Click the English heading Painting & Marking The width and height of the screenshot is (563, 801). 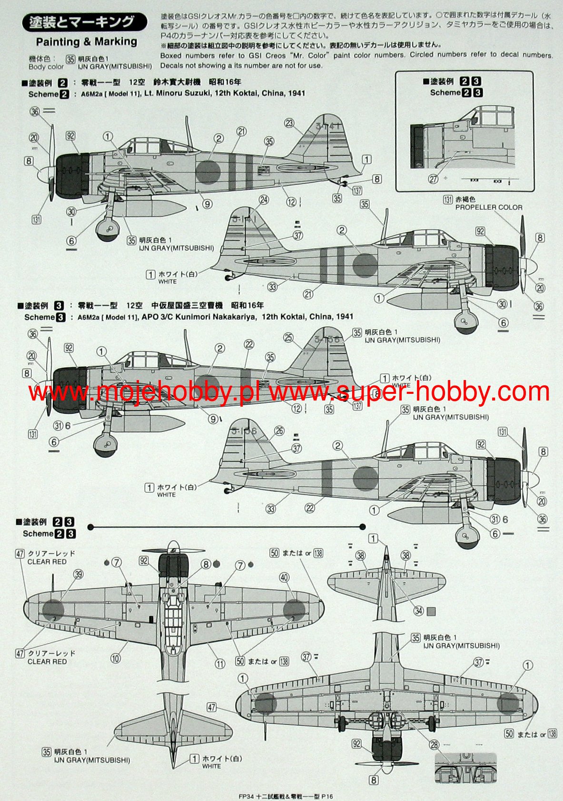(87, 42)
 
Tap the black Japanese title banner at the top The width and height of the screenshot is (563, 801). (84, 22)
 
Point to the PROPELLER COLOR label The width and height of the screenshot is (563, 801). (489, 207)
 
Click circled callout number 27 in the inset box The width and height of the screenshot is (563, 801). (433, 179)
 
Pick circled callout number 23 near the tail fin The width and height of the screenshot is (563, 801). (290, 123)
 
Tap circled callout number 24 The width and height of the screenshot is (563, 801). (264, 200)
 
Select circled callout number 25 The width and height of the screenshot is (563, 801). (288, 338)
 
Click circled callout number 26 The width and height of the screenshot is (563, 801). (279, 431)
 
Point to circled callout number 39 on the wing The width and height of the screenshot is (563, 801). (79, 575)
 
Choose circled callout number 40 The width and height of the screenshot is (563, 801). (284, 577)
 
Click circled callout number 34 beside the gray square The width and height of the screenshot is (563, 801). (418, 611)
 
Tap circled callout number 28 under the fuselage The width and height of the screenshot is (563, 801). (434, 744)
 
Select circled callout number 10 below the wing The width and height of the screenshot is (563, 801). (116, 658)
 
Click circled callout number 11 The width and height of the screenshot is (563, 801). (219, 664)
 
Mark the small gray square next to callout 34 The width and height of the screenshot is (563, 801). (431, 611)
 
